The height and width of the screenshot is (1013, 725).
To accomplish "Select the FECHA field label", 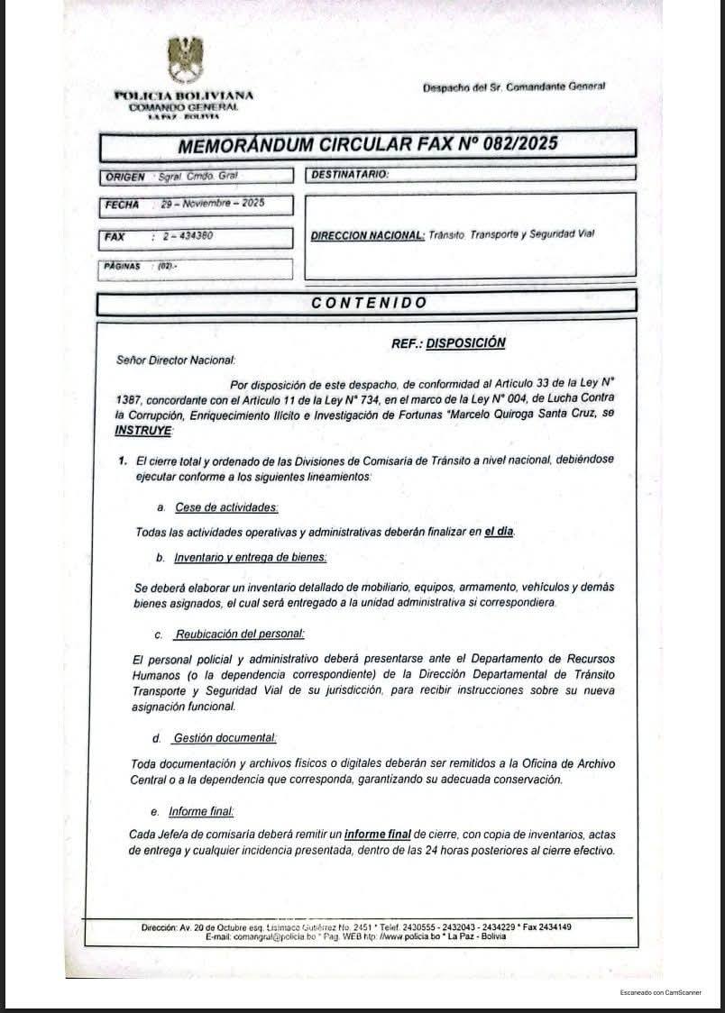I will tap(122, 205).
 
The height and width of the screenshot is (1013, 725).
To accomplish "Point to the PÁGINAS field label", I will tap(123, 267).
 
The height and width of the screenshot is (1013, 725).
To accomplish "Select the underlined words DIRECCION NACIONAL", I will tap(367, 235).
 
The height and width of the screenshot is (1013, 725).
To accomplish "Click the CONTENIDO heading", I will tap(369, 303).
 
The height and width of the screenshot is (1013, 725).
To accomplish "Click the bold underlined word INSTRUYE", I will tap(142, 431).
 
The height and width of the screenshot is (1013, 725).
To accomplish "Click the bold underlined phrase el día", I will tap(499, 532).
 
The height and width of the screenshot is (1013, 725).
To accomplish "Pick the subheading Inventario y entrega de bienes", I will tap(250, 557).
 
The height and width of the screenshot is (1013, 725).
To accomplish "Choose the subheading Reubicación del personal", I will tap(240, 634).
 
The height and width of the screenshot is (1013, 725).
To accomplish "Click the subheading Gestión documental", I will tap(225, 738).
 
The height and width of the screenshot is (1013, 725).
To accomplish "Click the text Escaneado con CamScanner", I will tap(659, 991).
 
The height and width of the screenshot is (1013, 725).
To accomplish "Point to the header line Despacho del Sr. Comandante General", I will tap(514, 87).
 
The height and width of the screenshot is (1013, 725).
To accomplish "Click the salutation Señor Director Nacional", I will tap(176, 360).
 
